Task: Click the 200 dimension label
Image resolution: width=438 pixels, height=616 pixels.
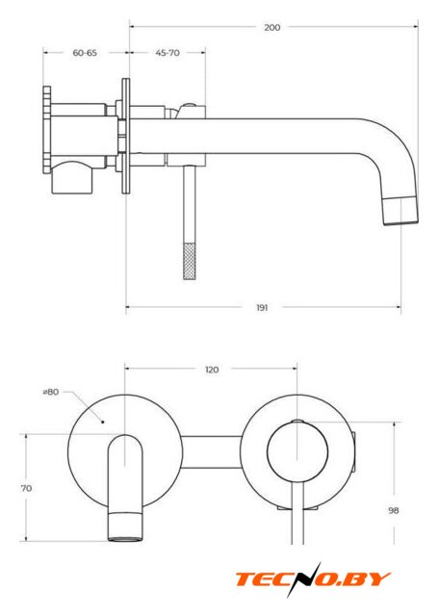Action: [x=271, y=27]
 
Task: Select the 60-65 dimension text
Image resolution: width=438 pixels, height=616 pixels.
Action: [x=85, y=53]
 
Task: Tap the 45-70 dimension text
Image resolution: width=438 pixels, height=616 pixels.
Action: [x=167, y=53]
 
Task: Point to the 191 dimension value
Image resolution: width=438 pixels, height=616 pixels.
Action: [x=262, y=308]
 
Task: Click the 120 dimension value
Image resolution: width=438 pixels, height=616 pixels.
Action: [x=212, y=370]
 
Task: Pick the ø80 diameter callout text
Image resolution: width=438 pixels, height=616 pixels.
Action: [x=51, y=392]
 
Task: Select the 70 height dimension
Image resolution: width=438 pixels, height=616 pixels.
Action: [x=26, y=488]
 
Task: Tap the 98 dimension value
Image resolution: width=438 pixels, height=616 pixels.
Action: [x=393, y=510]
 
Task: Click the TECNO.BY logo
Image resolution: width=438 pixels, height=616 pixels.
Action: [x=313, y=579]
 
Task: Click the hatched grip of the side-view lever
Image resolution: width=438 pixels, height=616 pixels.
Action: [x=190, y=261]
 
